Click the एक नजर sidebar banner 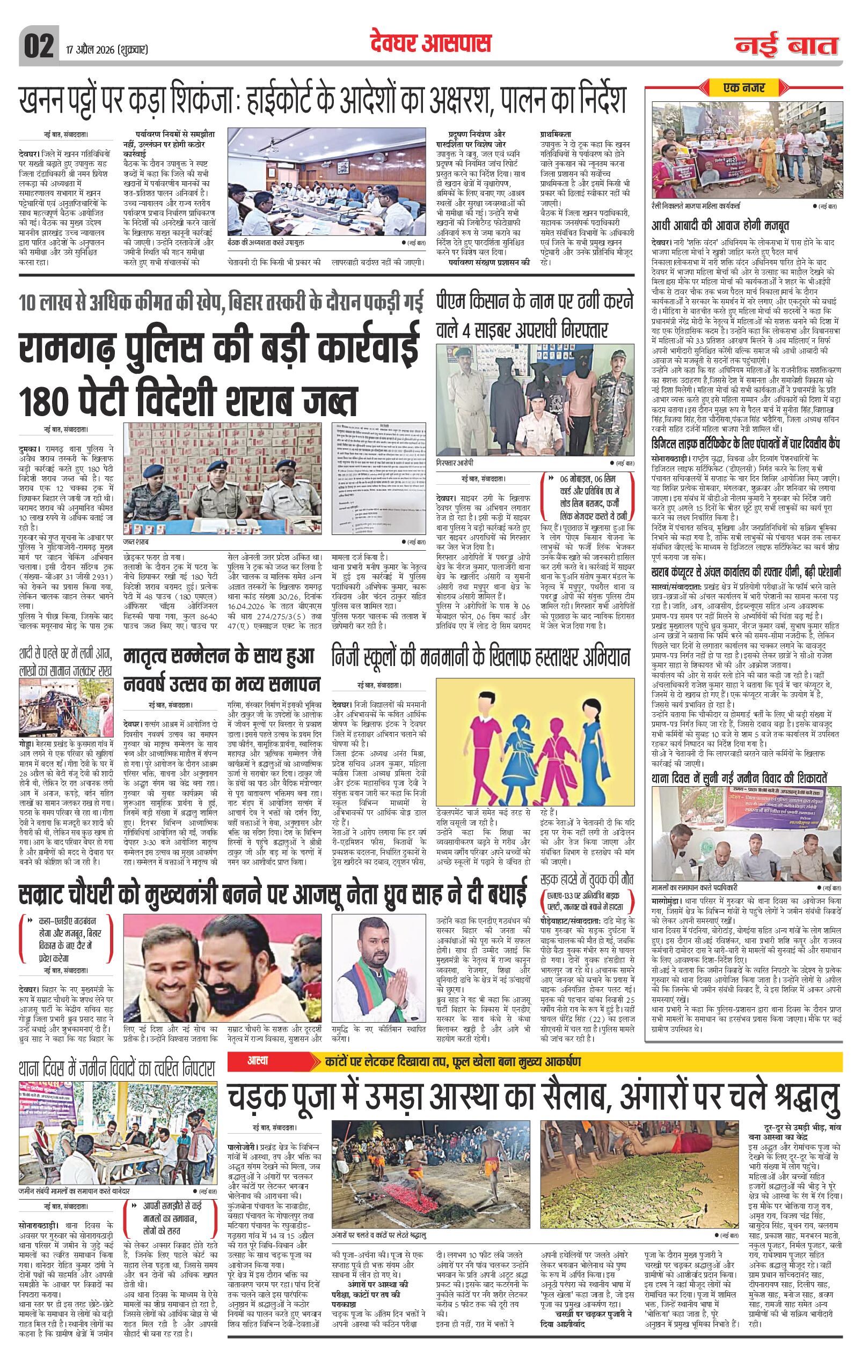(x=744, y=87)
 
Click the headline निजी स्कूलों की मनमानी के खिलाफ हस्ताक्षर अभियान (x=481, y=659)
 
